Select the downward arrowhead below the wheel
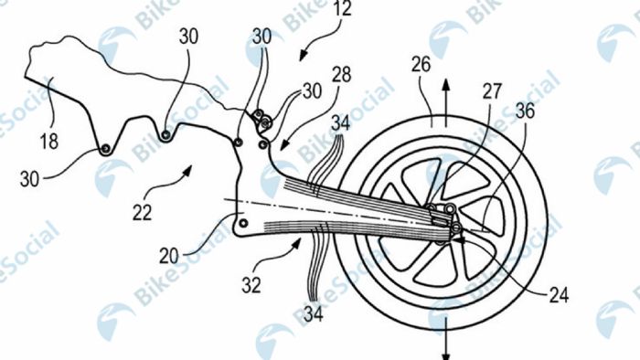pyautogui.click(x=447, y=354)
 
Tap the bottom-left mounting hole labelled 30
pyautogui.click(x=108, y=148)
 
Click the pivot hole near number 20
pyautogui.click(x=244, y=222)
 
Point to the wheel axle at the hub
pyautogui.click(x=448, y=217)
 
